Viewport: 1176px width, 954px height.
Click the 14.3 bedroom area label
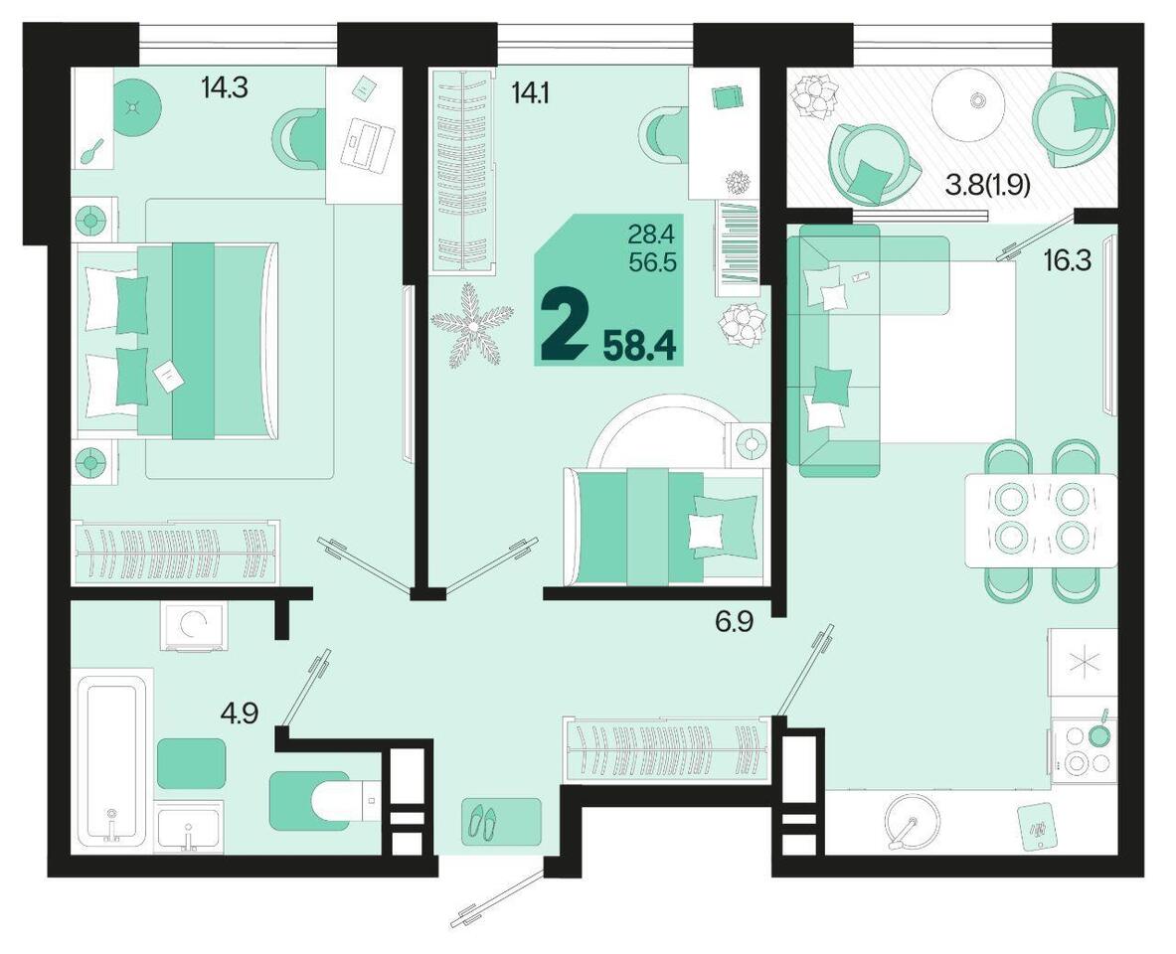coord(224,87)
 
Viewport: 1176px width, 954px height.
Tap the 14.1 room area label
coord(530,92)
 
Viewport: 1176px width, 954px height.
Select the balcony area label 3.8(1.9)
coord(988,185)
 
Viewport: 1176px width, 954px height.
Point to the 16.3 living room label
coord(1068,261)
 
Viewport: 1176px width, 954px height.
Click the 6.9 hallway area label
coord(734,622)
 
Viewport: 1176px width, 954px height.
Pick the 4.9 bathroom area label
coord(240,714)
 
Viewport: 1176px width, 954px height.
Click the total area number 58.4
coord(640,347)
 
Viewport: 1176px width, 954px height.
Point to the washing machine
coord(192,627)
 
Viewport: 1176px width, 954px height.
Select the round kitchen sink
coord(913,820)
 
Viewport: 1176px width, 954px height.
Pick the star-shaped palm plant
coord(471,326)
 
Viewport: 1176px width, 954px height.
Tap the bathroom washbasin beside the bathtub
coord(188,827)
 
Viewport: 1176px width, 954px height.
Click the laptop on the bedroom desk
coord(368,143)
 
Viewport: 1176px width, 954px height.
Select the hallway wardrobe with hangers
coord(667,750)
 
